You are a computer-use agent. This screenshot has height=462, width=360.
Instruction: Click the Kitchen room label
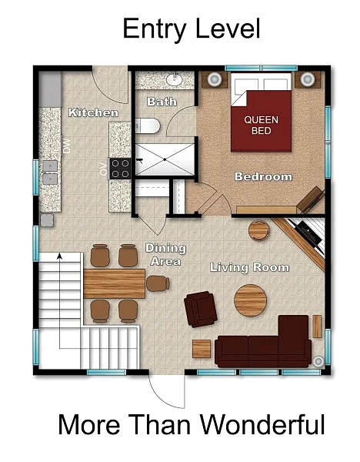coord(93,112)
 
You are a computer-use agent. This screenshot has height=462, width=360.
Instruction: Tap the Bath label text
coord(162,102)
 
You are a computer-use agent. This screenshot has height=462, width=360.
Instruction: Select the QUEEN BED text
coord(261,125)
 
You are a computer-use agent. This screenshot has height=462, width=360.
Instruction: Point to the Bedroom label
coord(263,177)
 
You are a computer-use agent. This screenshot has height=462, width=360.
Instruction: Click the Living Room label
coord(250,267)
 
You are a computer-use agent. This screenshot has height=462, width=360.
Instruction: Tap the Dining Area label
coord(165,255)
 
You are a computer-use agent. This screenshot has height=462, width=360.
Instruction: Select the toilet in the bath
coord(148,126)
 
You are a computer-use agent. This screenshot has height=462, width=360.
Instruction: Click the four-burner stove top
coord(121,169)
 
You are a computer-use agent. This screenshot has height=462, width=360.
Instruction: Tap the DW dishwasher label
coord(67,146)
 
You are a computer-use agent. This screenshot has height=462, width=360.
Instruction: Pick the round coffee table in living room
coord(250,300)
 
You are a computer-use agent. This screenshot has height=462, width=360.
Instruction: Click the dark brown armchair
coord(201,309)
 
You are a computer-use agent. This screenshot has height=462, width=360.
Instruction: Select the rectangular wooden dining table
coord(114,283)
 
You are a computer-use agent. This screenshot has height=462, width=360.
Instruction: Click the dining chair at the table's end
coord(158,283)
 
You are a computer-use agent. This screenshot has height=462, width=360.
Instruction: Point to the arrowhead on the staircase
coord(60,256)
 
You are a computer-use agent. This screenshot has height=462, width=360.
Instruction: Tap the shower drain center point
coord(165,159)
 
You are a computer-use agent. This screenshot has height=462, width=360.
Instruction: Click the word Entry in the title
coord(155,29)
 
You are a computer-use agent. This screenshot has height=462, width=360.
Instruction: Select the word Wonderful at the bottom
coord(262,424)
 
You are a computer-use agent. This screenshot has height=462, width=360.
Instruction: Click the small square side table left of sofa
coord(202,349)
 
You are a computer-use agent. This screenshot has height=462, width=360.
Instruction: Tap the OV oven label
coord(103,169)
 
